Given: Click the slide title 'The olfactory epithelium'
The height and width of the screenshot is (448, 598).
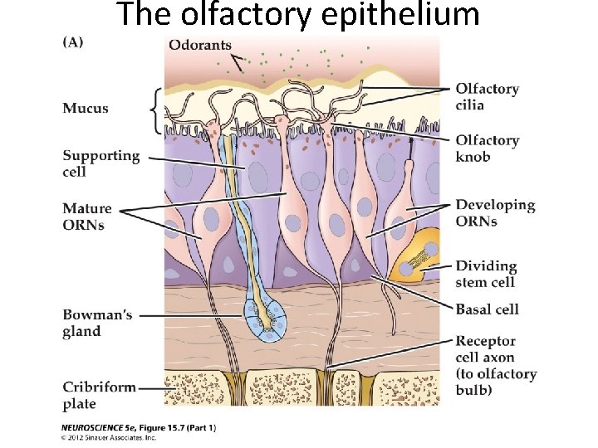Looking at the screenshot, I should point(298,15).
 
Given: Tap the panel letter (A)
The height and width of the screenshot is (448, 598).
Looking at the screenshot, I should point(75,42).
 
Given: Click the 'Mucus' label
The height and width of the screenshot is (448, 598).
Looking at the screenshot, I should point(86,109).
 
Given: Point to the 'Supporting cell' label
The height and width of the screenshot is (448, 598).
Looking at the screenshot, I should point(101,163).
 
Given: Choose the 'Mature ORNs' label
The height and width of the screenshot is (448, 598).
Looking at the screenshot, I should point(86,217).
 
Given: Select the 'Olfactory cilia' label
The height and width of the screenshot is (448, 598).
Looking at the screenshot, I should point(487,96).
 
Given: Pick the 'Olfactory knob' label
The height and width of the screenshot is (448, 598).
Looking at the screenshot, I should point(487,148).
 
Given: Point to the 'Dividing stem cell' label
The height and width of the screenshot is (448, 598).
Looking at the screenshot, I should point(486,274).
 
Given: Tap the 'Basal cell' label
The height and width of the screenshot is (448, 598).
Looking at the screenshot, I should point(487,309).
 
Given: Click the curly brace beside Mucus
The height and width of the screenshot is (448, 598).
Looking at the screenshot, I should point(154,110).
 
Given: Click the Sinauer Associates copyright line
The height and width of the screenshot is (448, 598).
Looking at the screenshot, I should point(109,437).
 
